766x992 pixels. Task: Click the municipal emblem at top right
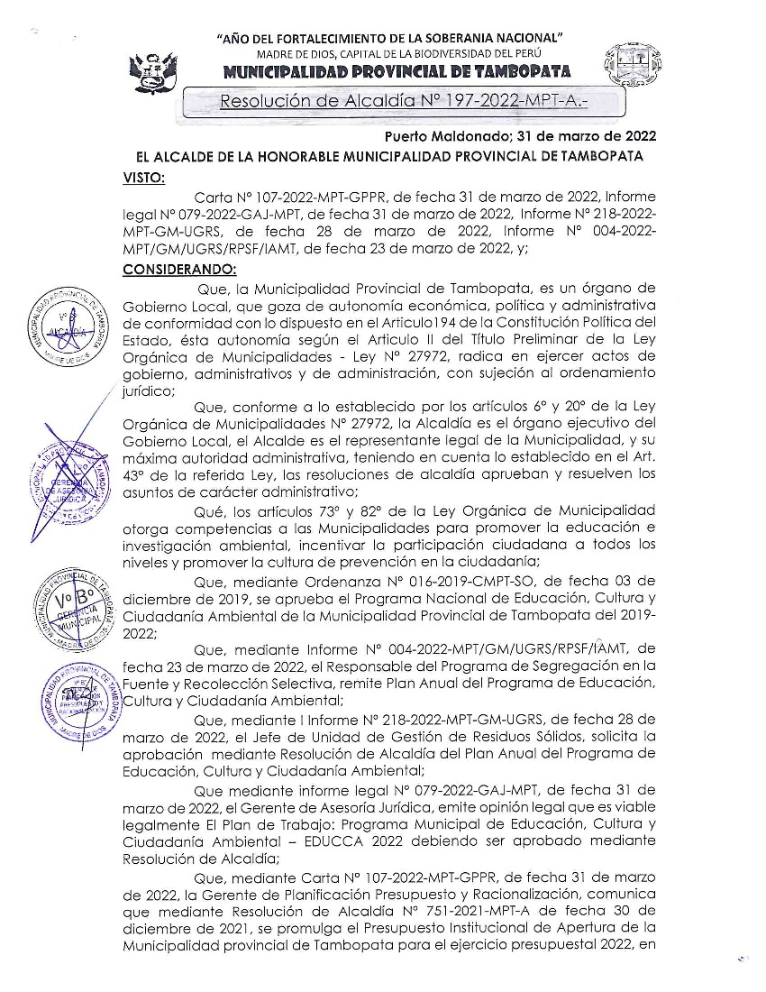click(627, 68)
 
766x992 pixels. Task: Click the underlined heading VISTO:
click(143, 179)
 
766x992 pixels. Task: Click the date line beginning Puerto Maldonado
click(521, 137)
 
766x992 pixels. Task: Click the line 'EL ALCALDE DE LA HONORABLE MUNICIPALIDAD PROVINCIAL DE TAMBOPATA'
click(389, 157)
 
